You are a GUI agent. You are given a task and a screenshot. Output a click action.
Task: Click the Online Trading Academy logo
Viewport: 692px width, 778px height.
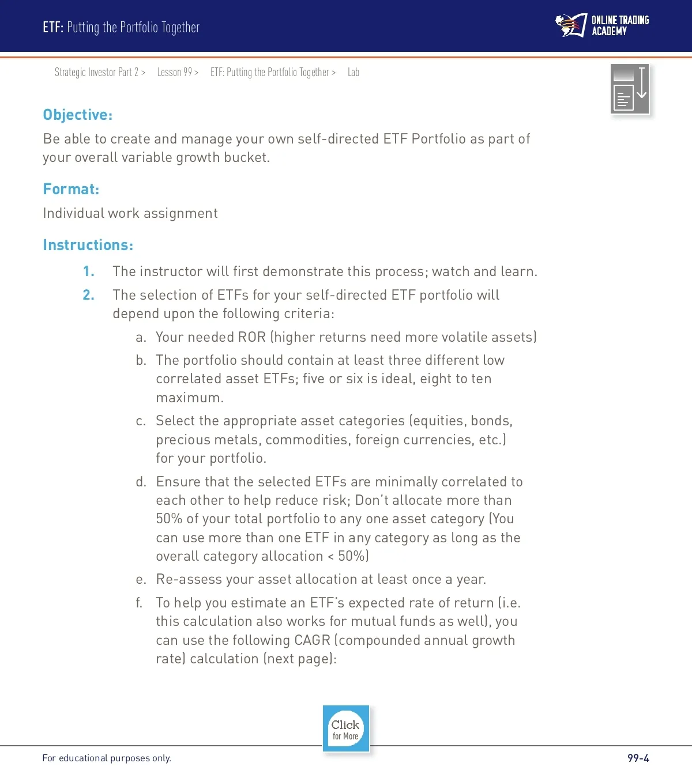pos(602,26)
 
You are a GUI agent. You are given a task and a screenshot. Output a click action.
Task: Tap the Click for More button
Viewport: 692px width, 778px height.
pos(345,729)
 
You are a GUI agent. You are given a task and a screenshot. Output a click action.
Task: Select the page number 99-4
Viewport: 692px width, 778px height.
pos(638,758)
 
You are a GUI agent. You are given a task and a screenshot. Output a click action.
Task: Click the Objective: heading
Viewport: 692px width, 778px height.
pos(78,115)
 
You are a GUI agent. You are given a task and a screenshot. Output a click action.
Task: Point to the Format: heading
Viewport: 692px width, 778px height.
pos(71,189)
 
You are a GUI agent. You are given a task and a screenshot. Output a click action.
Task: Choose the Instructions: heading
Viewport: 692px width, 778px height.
pos(88,245)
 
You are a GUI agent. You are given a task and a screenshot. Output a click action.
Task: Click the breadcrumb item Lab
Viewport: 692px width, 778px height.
pos(353,72)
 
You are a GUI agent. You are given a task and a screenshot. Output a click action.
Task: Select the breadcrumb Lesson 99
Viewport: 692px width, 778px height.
pos(175,72)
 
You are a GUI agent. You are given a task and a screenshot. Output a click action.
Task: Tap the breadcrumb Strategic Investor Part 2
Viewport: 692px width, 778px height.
pos(97,72)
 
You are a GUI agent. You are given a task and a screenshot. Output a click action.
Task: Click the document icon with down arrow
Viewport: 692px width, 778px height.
pos(630,89)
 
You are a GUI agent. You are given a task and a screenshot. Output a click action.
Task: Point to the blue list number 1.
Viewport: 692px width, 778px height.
pos(88,271)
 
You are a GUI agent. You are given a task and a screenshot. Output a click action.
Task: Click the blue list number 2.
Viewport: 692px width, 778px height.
pos(88,295)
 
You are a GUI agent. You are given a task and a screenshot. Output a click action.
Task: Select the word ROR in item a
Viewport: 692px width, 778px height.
pos(251,337)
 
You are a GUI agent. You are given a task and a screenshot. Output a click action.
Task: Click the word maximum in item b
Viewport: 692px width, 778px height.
pos(188,398)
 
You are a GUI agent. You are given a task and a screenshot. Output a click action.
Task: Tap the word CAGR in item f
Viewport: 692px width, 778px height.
pos(312,640)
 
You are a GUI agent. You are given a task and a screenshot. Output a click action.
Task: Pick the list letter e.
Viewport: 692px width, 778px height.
pos(141,580)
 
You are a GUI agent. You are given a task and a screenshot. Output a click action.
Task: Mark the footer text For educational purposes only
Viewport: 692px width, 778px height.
pos(107,758)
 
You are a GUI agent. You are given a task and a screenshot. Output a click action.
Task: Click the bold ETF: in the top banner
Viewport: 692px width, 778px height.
pos(53,27)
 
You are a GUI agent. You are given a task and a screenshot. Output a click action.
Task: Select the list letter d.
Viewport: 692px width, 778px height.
pos(141,482)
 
